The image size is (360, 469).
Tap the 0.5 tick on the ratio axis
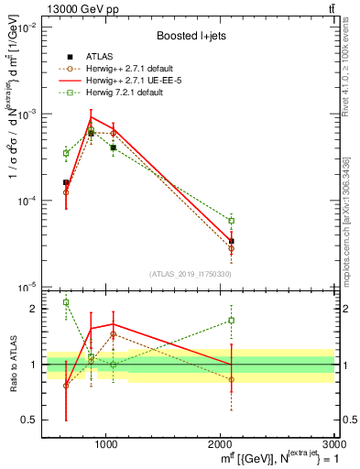(x=28, y=420)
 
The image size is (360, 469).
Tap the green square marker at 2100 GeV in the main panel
(x=232, y=221)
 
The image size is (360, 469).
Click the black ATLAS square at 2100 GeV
(x=232, y=241)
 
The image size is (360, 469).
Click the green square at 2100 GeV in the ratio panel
(x=232, y=321)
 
